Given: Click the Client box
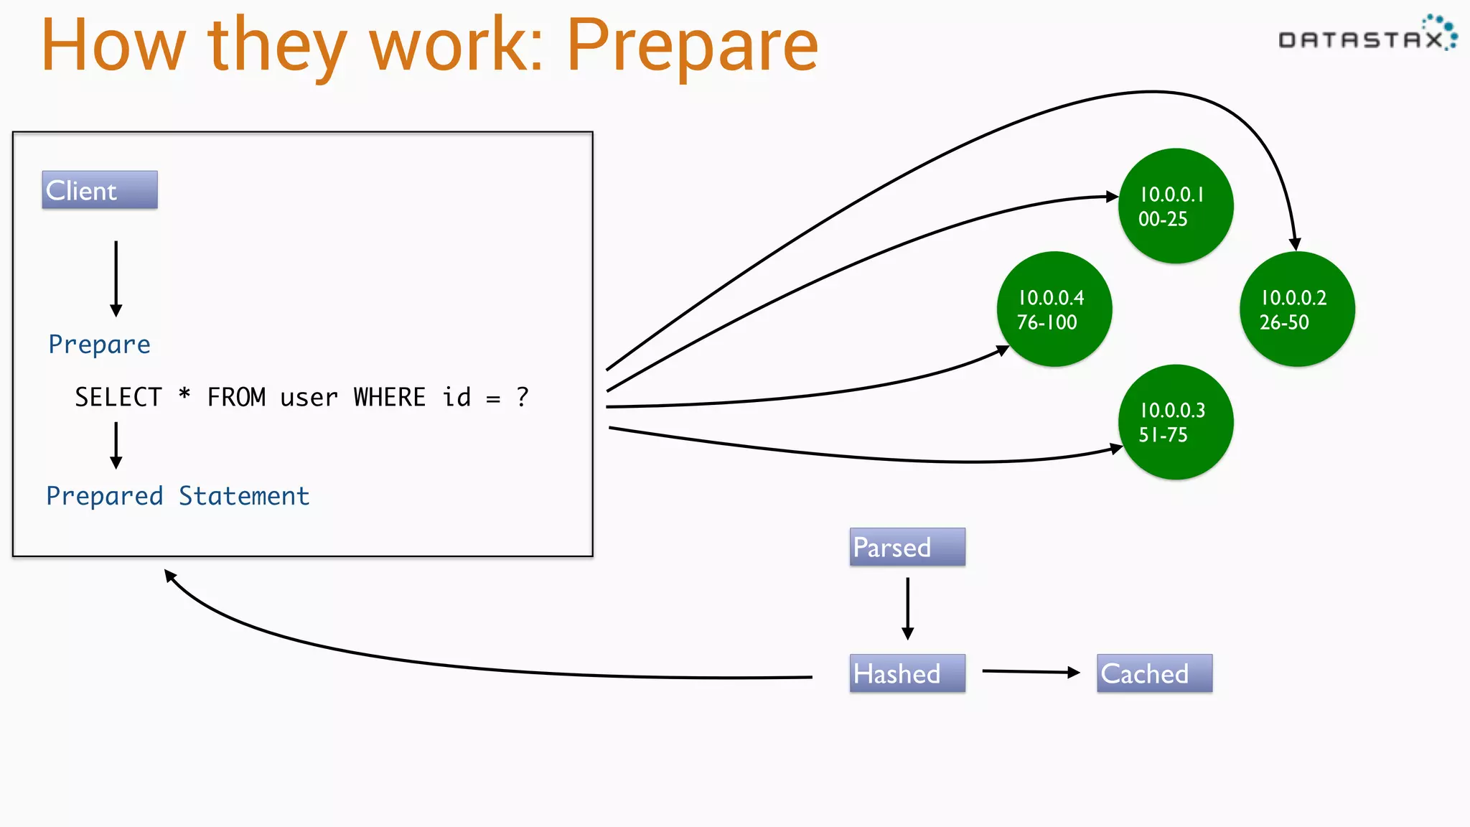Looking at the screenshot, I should (100, 190).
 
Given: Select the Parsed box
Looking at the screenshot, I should (907, 547).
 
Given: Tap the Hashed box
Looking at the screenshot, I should (907, 673).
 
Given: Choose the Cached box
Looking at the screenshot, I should (1154, 673).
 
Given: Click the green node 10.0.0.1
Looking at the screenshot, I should (1176, 206).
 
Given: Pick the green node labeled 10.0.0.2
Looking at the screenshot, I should (1297, 309).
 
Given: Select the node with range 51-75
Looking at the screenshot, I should (1176, 422).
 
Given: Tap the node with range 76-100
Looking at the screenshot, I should (1054, 309).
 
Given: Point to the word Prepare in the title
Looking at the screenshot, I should (692, 46).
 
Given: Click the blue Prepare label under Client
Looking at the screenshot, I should (99, 345).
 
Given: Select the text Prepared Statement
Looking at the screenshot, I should (177, 496).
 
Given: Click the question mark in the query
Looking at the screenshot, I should (523, 397).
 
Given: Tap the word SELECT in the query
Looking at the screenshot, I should (118, 397).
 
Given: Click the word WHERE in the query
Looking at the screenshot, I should (389, 397).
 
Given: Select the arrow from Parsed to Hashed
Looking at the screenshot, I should (907, 609).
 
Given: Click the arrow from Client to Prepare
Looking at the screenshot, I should (116, 279).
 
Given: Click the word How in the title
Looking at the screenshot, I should (113, 46).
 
